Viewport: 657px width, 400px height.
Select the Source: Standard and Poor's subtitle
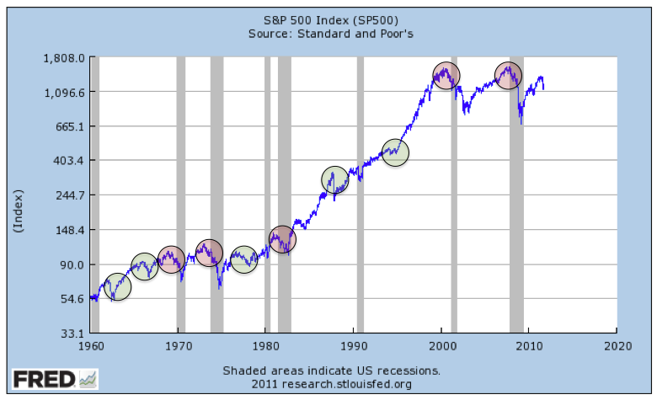pos(329,34)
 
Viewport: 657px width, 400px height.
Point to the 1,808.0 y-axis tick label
pos(65,58)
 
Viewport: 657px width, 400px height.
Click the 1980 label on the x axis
pos(265,346)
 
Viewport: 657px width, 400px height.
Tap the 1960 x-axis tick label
pos(89,346)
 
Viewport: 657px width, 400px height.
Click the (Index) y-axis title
pos(19,211)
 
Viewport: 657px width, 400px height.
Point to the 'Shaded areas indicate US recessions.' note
pos(331,371)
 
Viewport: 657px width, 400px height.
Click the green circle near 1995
pos(395,152)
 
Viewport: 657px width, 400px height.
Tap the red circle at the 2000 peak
pos(446,76)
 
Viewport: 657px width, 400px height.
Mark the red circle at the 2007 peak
pos(508,76)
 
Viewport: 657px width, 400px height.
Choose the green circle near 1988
pos(335,179)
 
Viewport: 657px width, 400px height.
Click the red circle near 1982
pos(282,239)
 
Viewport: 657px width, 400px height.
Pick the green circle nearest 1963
pos(119,287)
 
